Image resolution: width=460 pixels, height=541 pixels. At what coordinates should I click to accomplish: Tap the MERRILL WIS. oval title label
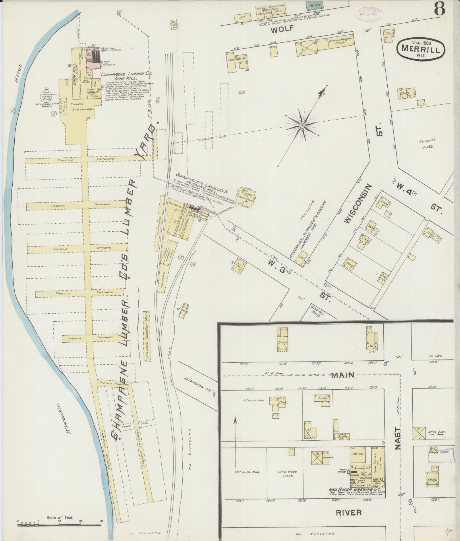pyautogui.click(x=421, y=48)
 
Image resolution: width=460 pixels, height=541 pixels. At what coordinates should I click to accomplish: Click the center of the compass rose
pyautogui.click(x=302, y=126)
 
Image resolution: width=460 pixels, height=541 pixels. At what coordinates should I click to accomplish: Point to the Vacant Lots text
pyautogui.click(x=427, y=143)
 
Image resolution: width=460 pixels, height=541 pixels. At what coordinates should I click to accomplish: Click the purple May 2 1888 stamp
pyautogui.click(x=371, y=13)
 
